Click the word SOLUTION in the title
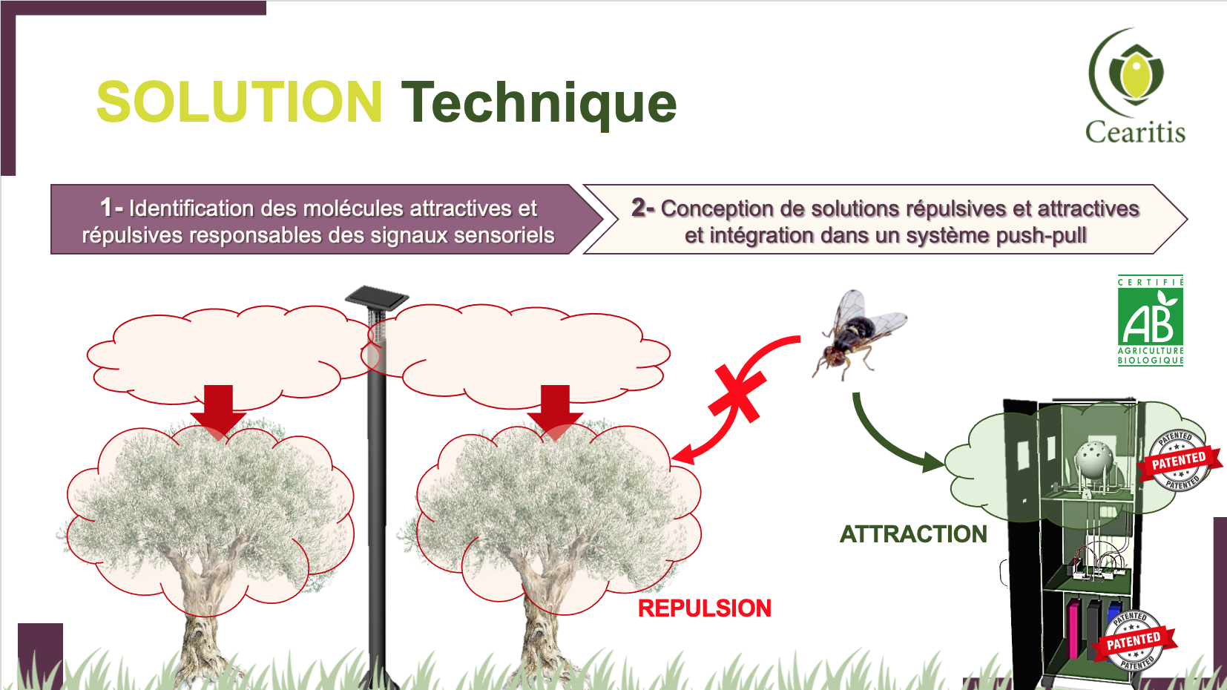[x=239, y=102]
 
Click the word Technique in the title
[x=539, y=104]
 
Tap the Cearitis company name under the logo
[x=1135, y=132]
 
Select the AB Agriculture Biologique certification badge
[x=1151, y=321]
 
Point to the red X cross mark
[x=737, y=393]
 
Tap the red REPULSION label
[x=705, y=608]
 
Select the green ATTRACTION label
[x=913, y=534]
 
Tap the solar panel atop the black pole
[x=377, y=298]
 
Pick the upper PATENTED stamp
[x=1180, y=460]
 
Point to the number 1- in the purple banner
[x=112, y=208]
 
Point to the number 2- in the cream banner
[x=643, y=208]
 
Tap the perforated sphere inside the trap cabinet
[x=1094, y=459]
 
